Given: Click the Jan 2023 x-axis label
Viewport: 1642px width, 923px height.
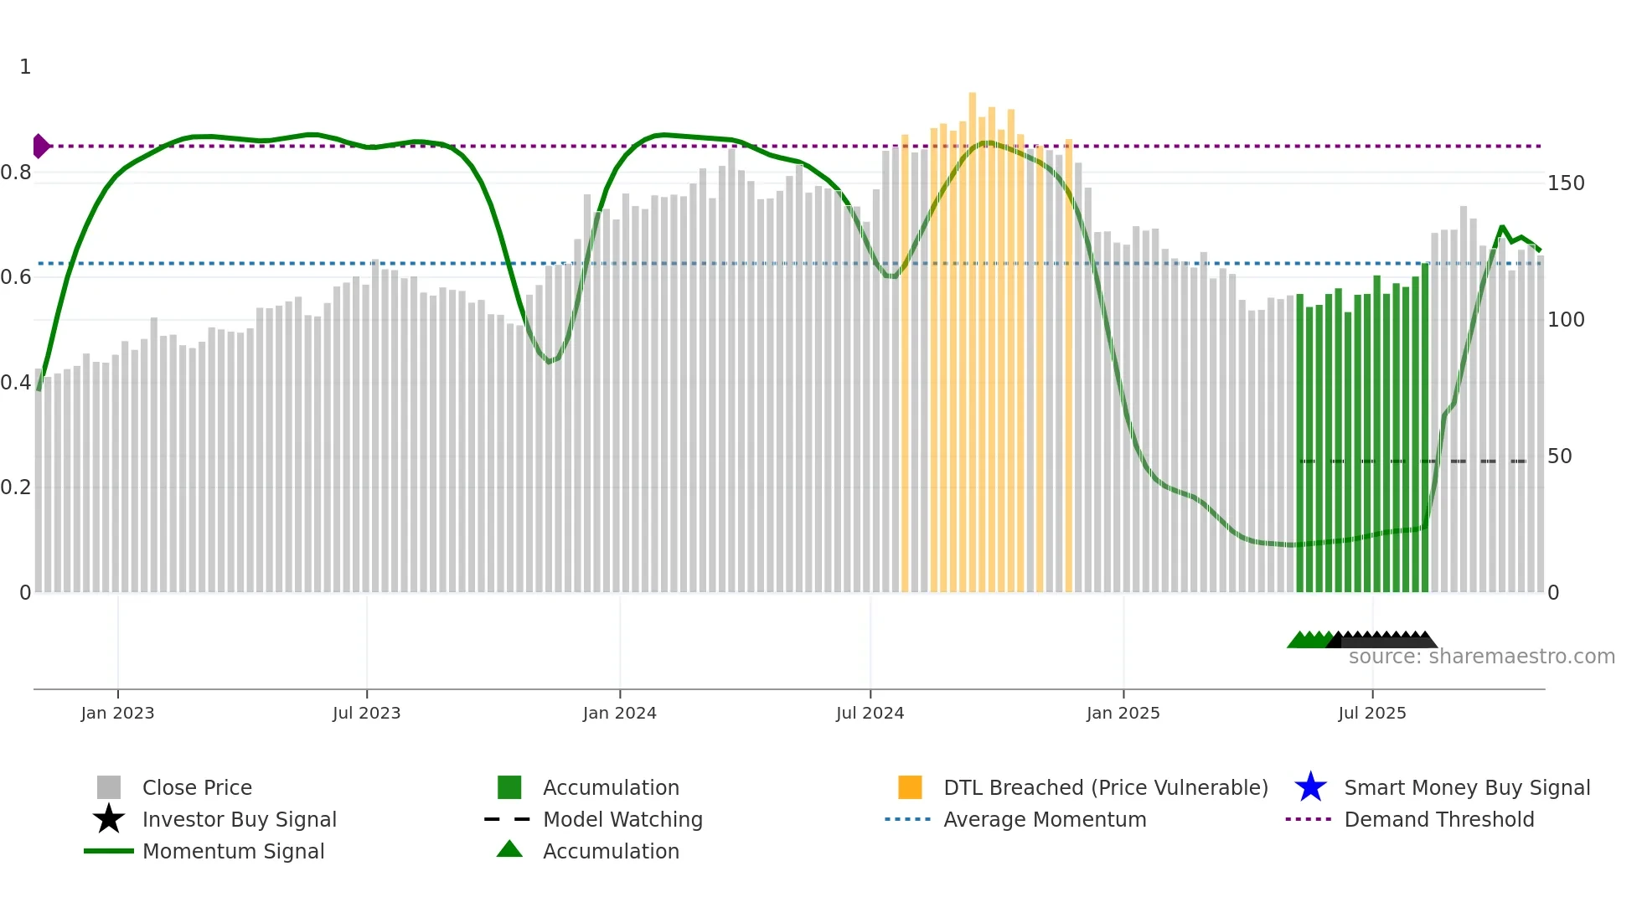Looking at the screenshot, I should (x=117, y=714).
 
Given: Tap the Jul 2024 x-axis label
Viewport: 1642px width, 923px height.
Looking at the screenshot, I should (x=870, y=714).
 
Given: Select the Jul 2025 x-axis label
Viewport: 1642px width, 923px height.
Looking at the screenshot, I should (x=1371, y=714).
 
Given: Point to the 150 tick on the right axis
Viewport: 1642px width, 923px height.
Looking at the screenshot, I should (x=1565, y=183).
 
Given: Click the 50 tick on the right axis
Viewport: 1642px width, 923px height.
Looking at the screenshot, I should (x=1559, y=456).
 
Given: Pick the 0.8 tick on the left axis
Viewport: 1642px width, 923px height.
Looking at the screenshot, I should (x=16, y=173).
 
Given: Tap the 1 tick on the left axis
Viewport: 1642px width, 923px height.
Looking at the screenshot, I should (x=25, y=67).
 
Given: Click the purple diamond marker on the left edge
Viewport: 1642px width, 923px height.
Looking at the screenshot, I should (x=40, y=147).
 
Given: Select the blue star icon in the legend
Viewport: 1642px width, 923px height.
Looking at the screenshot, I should (x=1310, y=787).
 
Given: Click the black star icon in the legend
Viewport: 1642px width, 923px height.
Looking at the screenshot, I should (x=109, y=819).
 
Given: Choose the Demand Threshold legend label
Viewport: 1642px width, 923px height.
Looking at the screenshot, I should (x=1438, y=819).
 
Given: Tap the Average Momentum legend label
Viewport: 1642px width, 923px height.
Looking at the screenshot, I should (x=1044, y=819).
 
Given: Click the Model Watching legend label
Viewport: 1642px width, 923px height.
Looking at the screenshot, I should (x=622, y=819).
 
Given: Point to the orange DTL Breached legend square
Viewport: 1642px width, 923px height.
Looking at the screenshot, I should (x=910, y=787).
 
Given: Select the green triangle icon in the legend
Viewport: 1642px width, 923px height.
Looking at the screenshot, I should (x=509, y=849).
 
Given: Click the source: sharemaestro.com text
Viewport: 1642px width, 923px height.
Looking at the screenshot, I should (x=1481, y=657).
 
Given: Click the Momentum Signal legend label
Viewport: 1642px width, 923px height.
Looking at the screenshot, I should (x=233, y=851).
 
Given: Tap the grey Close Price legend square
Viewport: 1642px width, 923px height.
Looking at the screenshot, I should (x=109, y=787).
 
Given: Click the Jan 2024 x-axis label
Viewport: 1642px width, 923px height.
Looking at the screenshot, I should (x=619, y=714).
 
